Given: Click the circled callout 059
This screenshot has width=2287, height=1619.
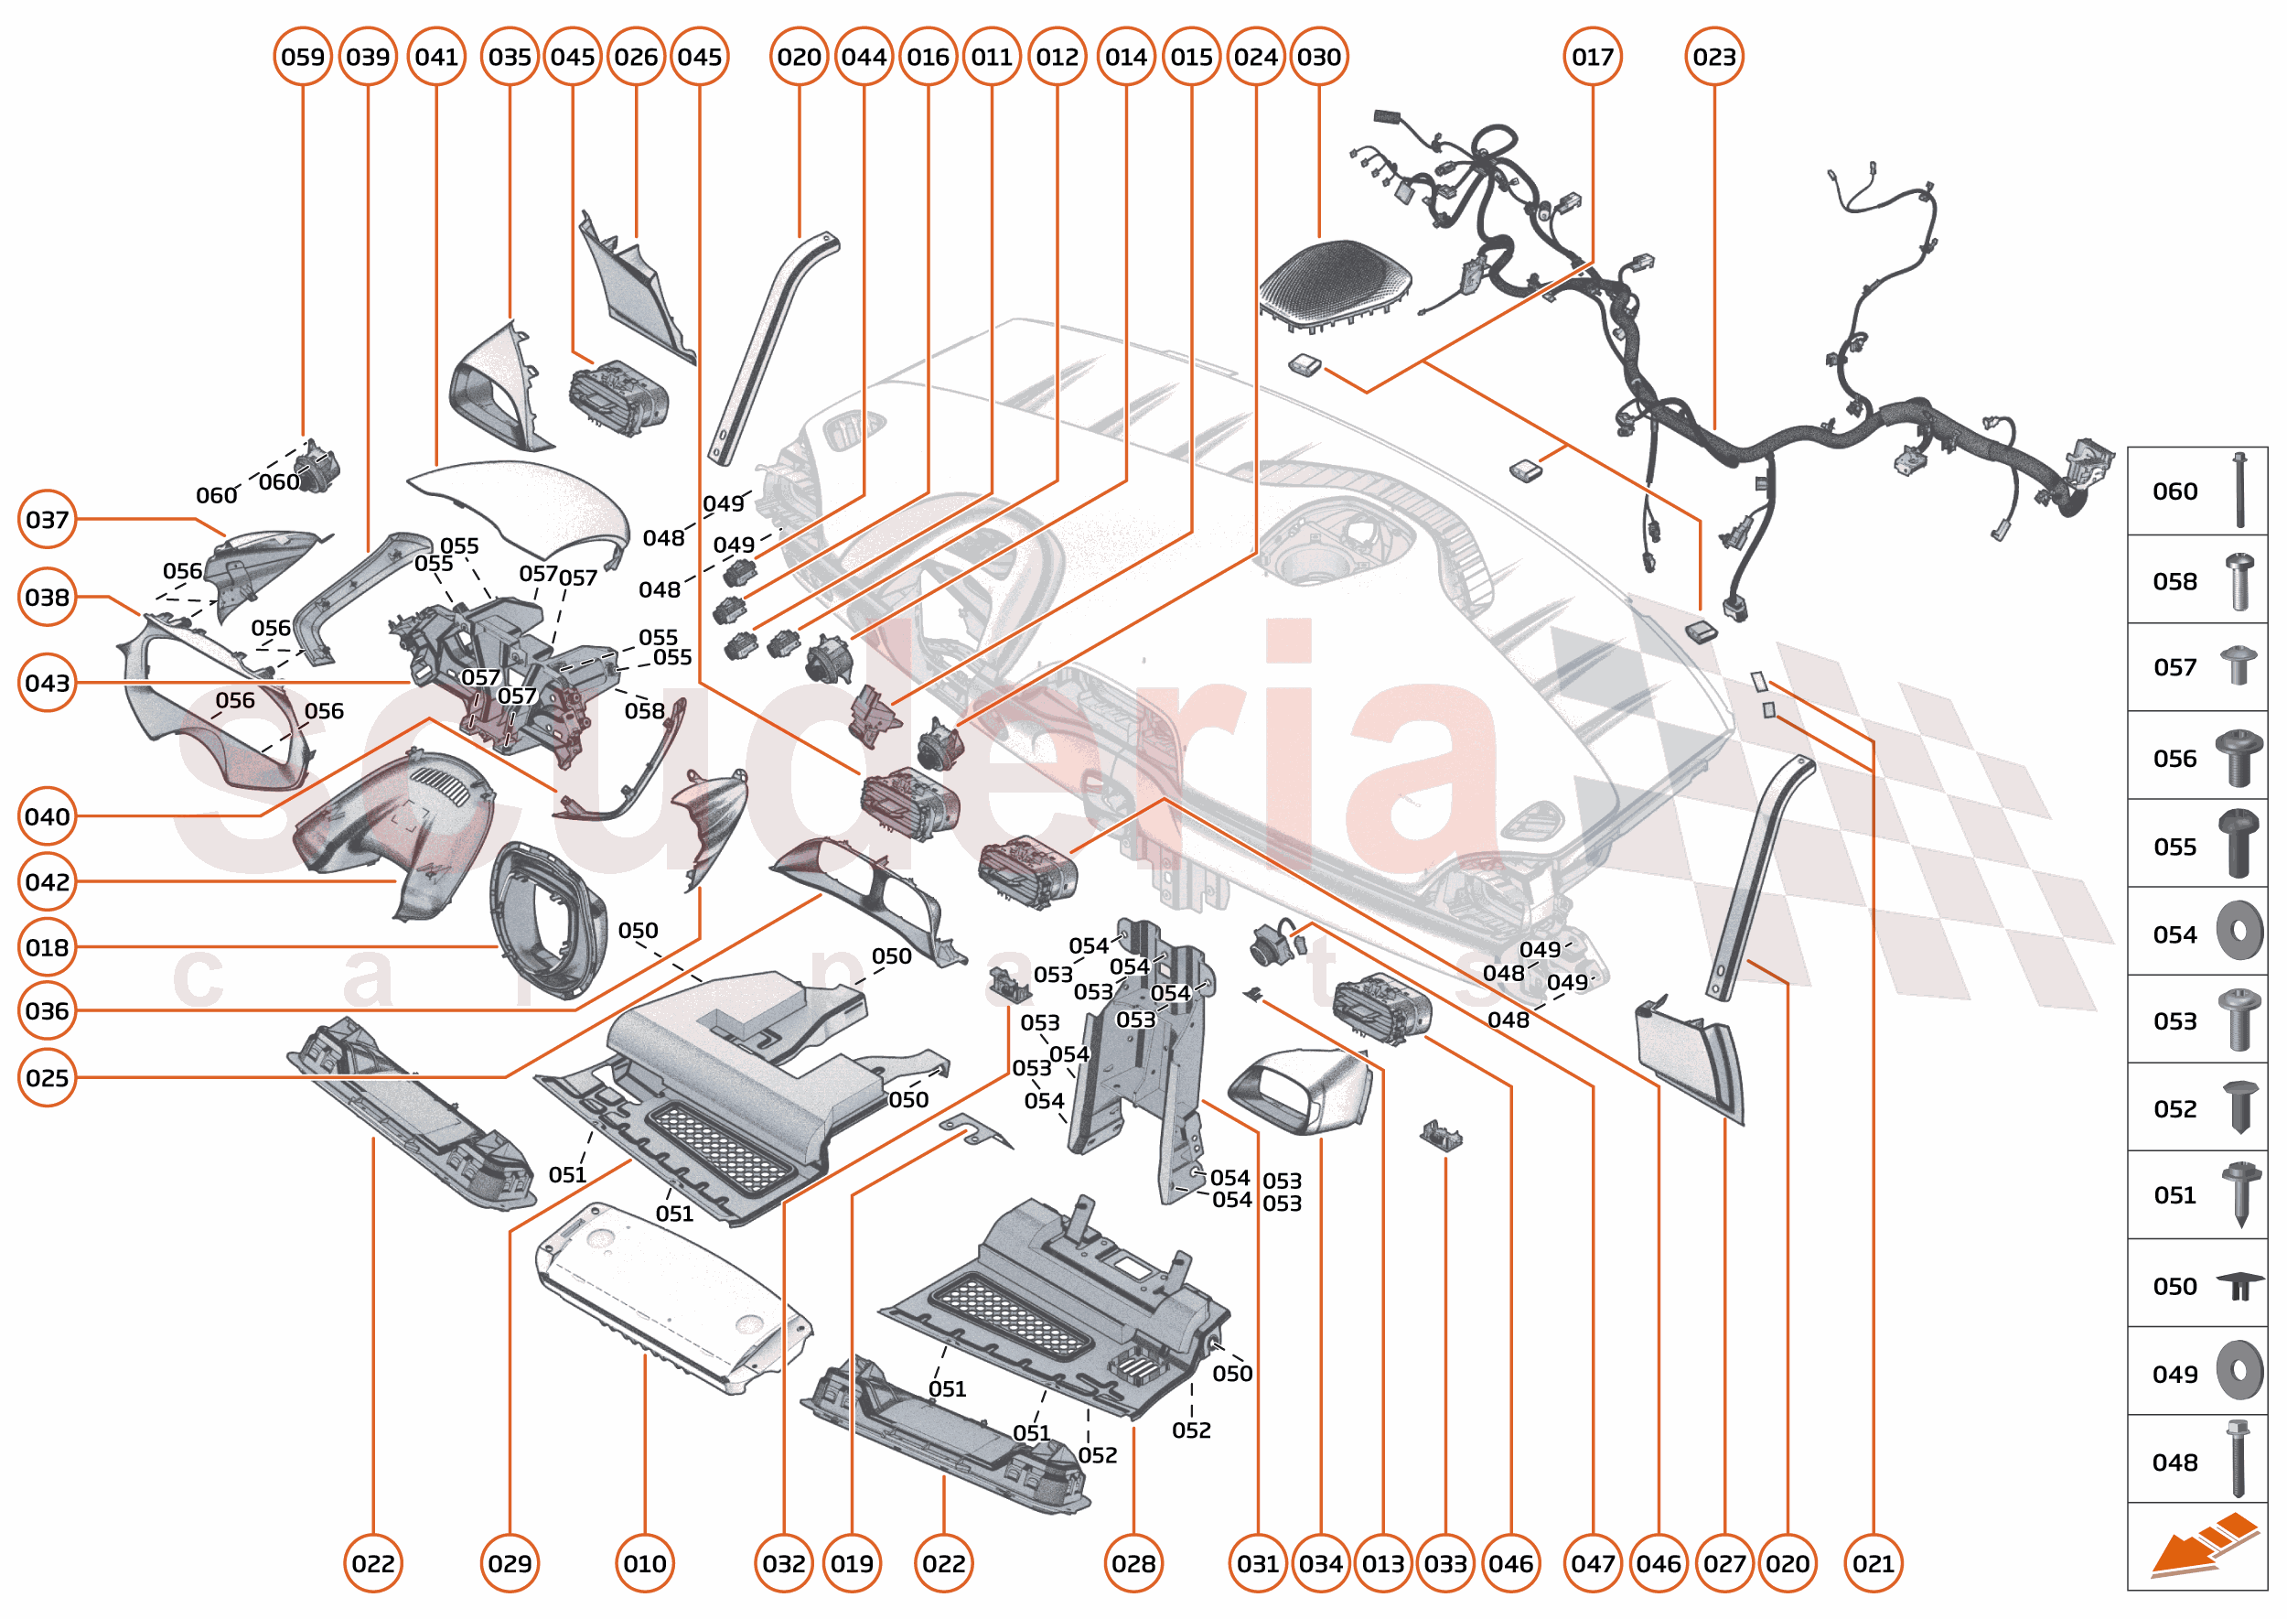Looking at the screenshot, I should pyautogui.click(x=302, y=57).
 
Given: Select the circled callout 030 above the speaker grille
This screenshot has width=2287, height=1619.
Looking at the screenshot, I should pyautogui.click(x=1318, y=57).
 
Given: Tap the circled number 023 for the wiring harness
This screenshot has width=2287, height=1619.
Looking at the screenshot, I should pyautogui.click(x=1714, y=57).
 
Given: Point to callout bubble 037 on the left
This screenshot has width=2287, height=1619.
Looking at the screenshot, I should pyautogui.click(x=47, y=520).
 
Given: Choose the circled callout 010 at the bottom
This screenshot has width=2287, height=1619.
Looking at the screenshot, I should pyautogui.click(x=645, y=1563).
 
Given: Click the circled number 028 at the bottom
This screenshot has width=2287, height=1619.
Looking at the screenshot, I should pyautogui.click(x=1133, y=1563).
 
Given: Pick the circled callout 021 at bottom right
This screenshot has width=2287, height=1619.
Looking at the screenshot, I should pyautogui.click(x=1874, y=1563).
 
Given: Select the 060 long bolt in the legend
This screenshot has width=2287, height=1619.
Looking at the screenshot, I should pyautogui.click(x=2239, y=491).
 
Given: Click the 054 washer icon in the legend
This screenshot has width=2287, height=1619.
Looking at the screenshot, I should pyautogui.click(x=2239, y=931).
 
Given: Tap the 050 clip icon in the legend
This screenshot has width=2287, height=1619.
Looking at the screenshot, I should pyautogui.click(x=2239, y=1286).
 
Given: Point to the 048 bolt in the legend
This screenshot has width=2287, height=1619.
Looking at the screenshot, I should pyautogui.click(x=2239, y=1460).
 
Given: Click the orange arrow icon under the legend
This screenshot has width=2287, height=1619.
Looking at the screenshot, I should pyautogui.click(x=2205, y=1544).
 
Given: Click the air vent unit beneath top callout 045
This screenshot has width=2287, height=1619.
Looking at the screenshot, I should pyautogui.click(x=617, y=399).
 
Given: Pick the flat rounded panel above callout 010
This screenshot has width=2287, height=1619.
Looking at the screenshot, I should pyautogui.click(x=672, y=1296).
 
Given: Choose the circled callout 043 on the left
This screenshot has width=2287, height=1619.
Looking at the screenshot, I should pyautogui.click(x=47, y=683).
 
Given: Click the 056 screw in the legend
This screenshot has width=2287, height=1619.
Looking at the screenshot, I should pyautogui.click(x=2239, y=757).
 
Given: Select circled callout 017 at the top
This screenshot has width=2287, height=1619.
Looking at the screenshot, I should pyautogui.click(x=1593, y=57).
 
